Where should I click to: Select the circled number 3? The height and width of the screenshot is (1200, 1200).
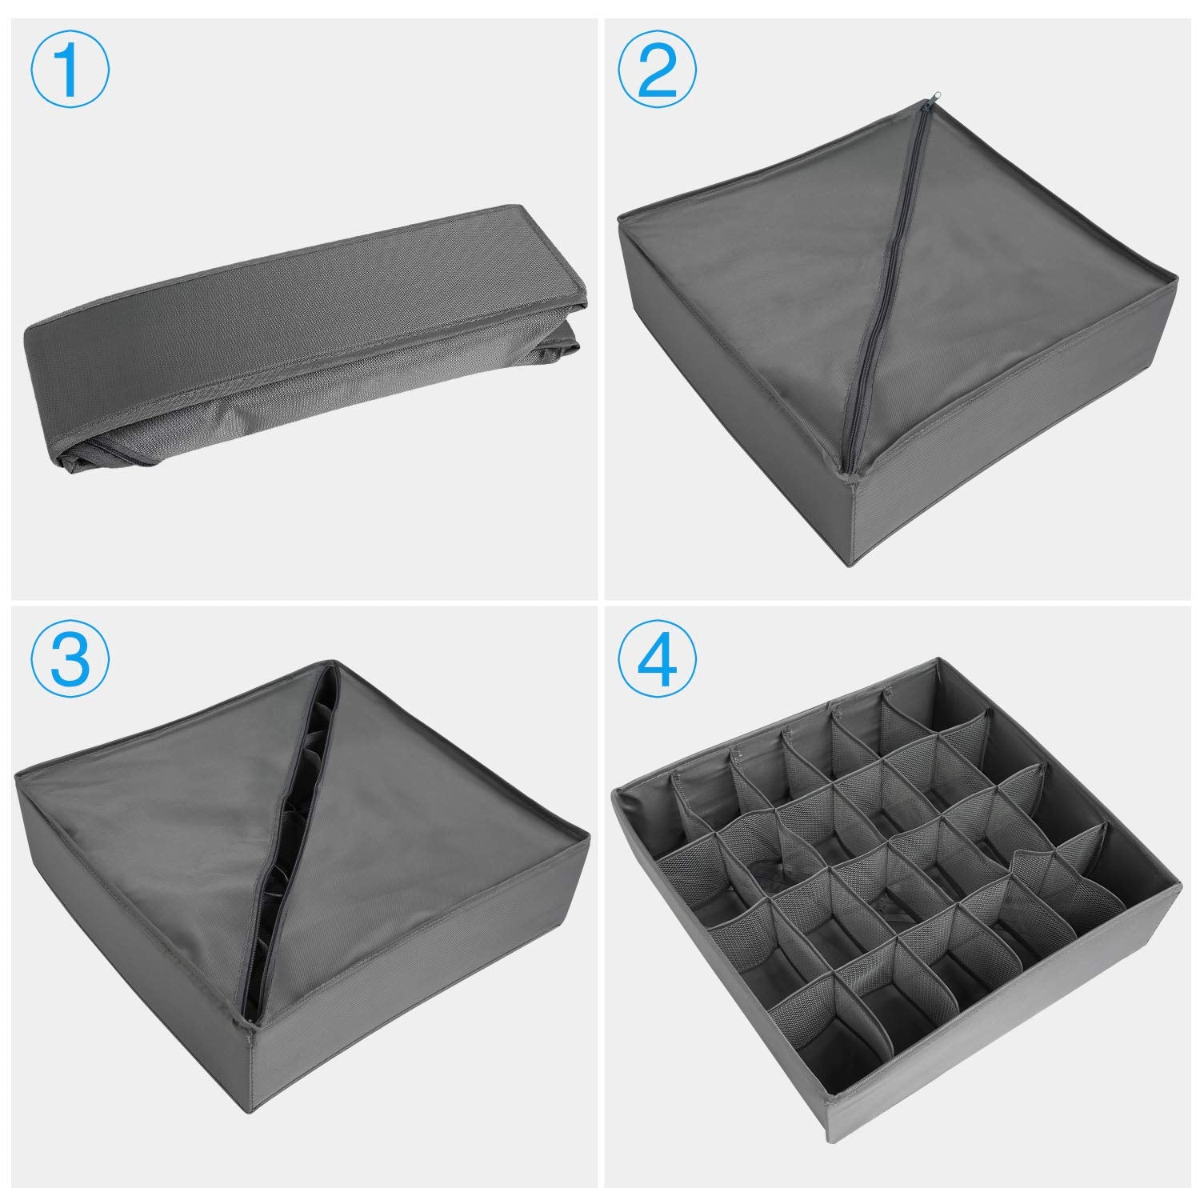coord(70,662)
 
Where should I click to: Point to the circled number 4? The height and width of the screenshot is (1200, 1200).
coord(658,662)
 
